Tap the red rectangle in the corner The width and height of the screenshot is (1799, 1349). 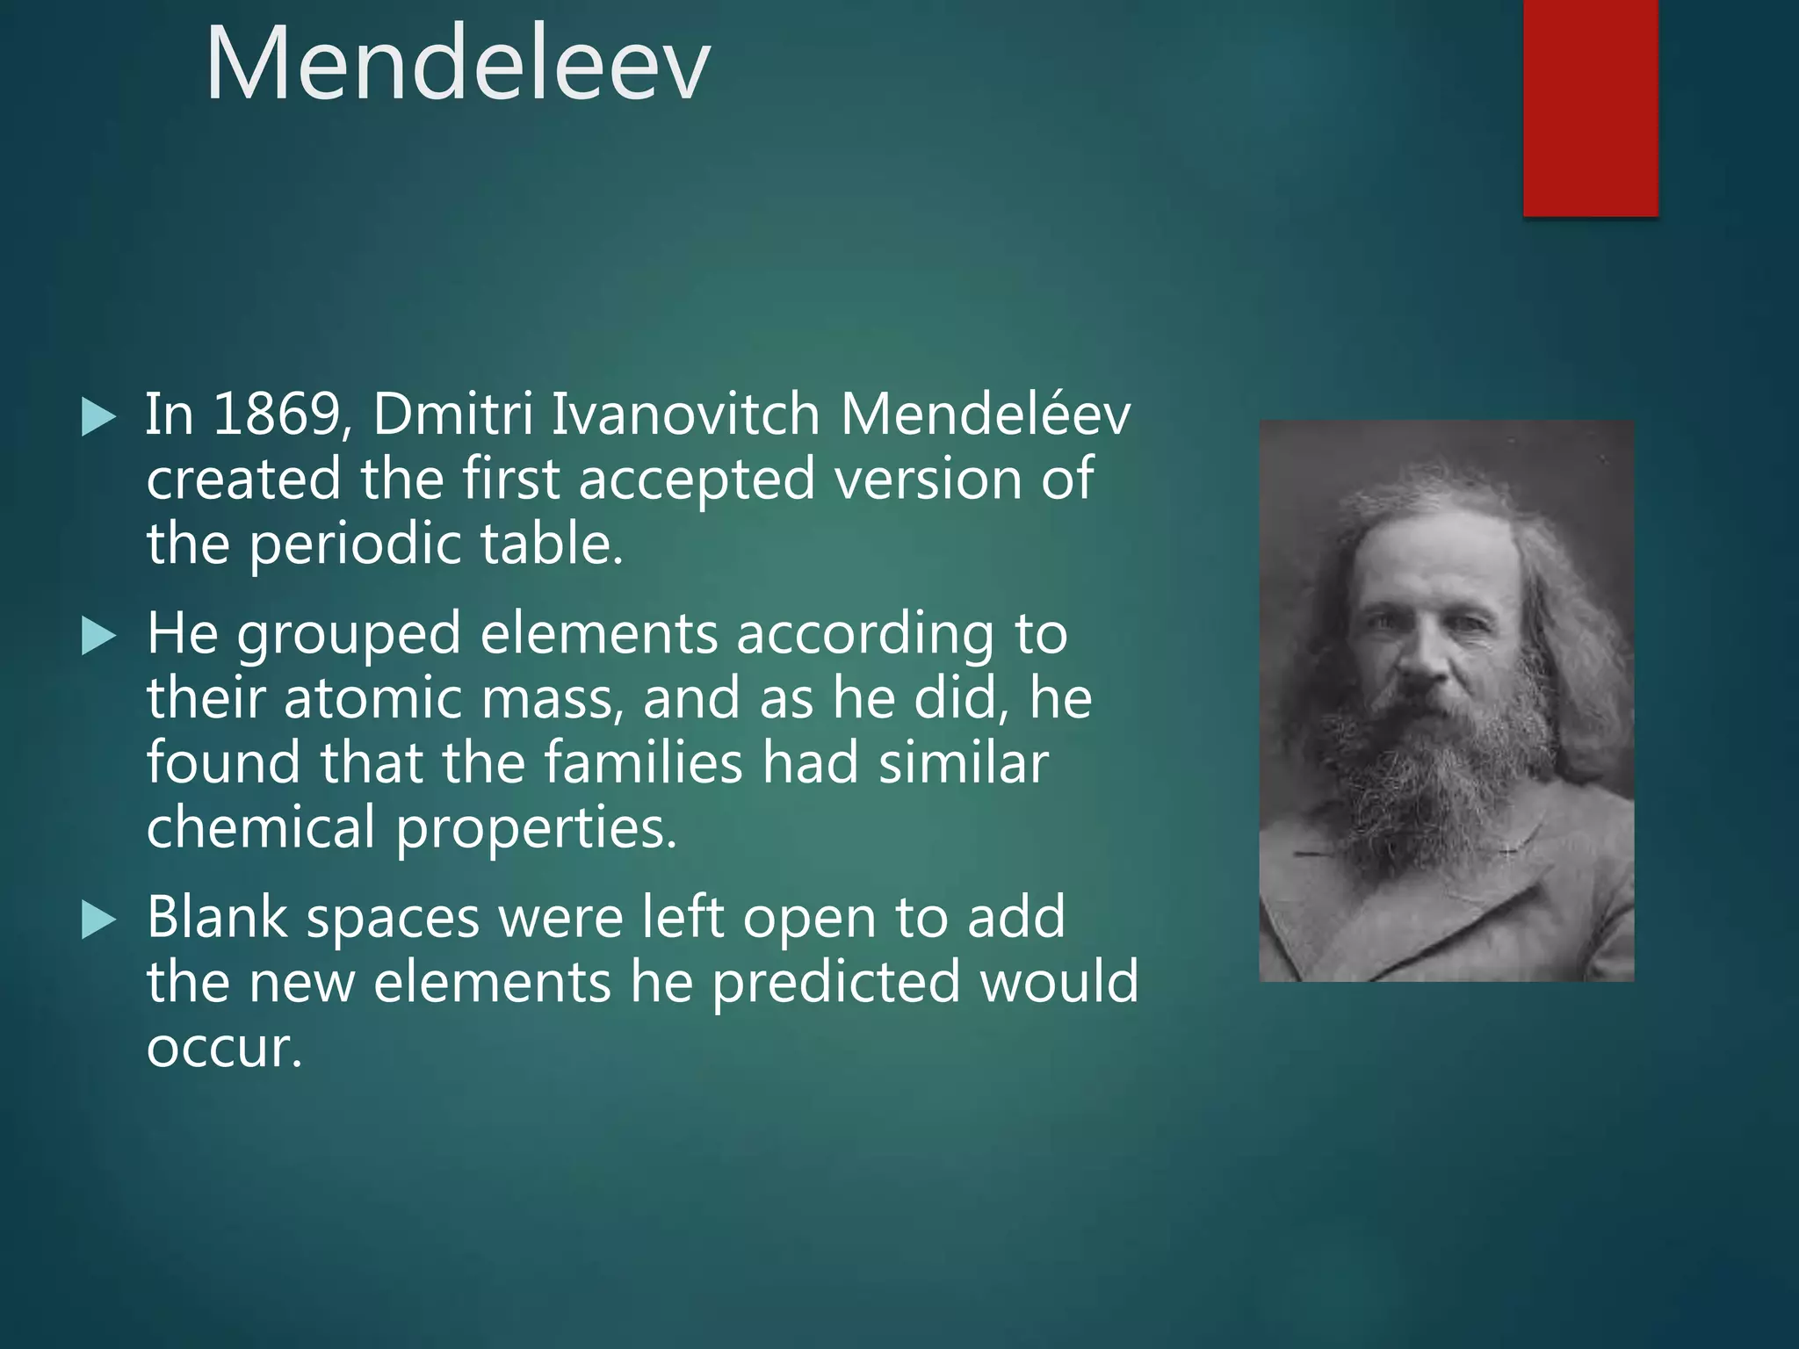pyautogui.click(x=1590, y=107)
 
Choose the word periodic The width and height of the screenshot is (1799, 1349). pyautogui.click(x=354, y=545)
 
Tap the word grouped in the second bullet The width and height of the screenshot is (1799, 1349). pyautogui.click(x=348, y=634)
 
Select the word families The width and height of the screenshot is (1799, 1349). pyautogui.click(x=643, y=762)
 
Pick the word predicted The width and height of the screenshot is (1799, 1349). pyautogui.click(x=835, y=982)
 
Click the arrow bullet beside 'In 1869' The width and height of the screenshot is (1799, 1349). pyautogui.click(x=98, y=417)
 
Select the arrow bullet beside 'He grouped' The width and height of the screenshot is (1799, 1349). pyautogui.click(x=98, y=636)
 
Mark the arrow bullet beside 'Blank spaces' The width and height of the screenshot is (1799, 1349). pyautogui.click(x=98, y=920)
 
